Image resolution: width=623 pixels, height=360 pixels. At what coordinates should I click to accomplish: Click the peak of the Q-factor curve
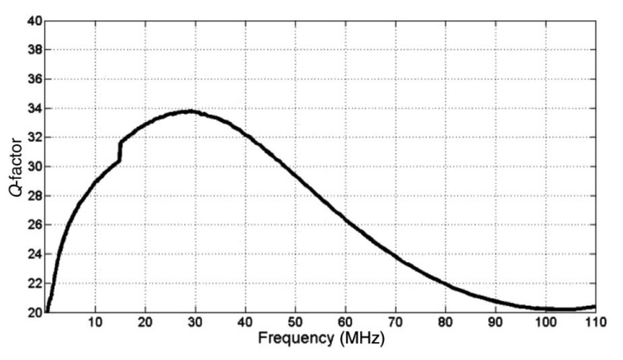click(x=190, y=111)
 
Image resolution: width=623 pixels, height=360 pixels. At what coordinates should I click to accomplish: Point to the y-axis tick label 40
click(x=33, y=21)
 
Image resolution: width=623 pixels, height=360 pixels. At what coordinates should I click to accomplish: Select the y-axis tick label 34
click(x=33, y=108)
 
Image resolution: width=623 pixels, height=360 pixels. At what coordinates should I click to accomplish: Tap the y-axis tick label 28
click(x=33, y=196)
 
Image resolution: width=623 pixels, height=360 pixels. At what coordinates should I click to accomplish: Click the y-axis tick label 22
click(x=33, y=283)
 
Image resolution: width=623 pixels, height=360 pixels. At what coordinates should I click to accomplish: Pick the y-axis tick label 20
click(x=33, y=312)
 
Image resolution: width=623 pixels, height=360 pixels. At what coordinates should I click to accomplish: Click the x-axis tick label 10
click(x=95, y=322)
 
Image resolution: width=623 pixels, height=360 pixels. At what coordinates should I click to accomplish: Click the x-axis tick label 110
click(x=593, y=322)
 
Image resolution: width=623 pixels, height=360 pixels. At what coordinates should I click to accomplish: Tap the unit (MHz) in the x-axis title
click(x=361, y=339)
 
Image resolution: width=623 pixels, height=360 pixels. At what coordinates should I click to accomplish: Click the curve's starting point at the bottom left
click(x=47, y=310)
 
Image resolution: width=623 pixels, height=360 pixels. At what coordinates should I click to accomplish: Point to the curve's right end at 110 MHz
click(x=595, y=306)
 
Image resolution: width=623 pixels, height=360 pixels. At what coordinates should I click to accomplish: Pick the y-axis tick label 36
click(x=33, y=79)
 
